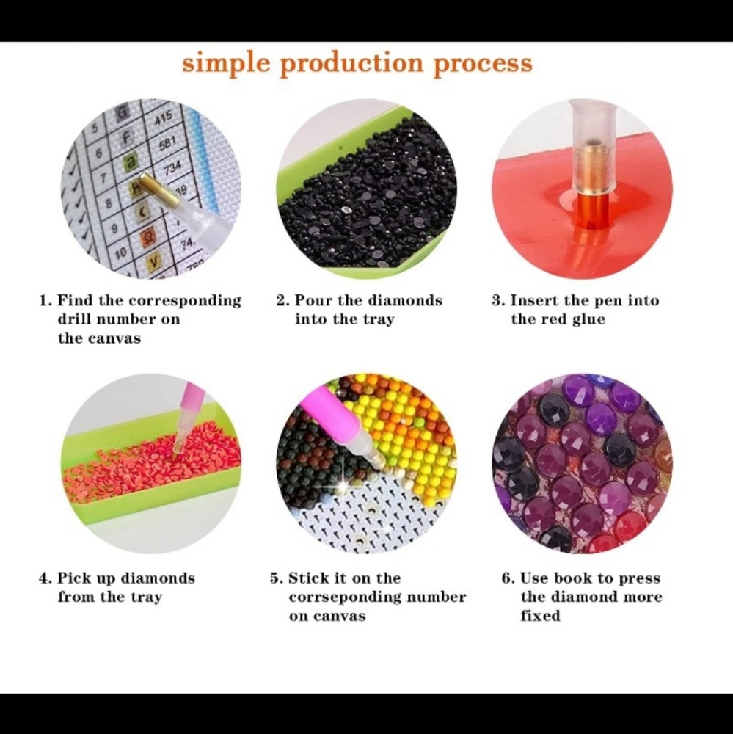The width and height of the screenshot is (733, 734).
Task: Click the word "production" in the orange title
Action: [x=351, y=64]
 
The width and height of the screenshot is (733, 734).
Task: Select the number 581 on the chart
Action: [x=167, y=143]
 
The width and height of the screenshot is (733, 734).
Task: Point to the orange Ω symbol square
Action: [x=147, y=236]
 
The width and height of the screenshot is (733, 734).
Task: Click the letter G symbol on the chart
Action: [x=122, y=112]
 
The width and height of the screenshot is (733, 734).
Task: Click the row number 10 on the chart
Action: [x=120, y=253]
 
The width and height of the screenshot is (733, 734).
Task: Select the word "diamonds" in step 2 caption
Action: [x=404, y=300]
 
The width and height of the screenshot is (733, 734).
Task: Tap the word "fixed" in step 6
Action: [x=540, y=616]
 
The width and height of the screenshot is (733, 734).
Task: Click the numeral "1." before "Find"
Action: [x=46, y=300]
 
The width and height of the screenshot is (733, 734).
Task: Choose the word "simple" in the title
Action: [x=226, y=64]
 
